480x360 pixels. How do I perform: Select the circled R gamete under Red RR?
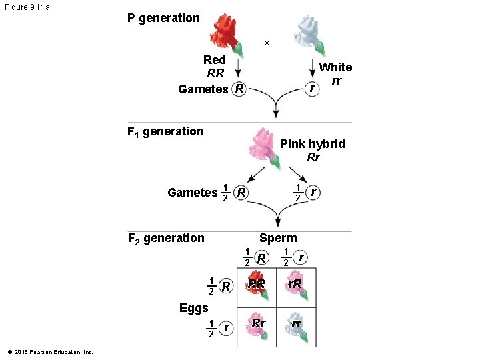point(239,89)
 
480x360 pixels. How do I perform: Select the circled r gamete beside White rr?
point(310,88)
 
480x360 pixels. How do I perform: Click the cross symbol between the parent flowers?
point(267,43)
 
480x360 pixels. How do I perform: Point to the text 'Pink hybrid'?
point(312,144)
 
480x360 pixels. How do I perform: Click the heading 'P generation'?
point(163,18)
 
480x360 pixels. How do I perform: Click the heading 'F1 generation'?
point(165,131)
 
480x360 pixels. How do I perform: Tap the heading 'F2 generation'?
point(166,238)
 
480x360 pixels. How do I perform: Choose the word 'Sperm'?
point(278,238)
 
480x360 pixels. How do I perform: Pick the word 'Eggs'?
point(194,308)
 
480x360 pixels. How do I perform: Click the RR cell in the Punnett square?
point(257,287)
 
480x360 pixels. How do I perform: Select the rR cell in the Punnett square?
point(296,287)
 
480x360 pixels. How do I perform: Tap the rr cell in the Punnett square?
point(296,325)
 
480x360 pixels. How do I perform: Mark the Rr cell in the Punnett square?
point(257,325)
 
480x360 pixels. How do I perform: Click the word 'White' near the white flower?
point(335,67)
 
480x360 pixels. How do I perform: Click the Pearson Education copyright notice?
point(51,352)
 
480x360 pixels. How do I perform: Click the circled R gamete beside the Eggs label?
point(227,287)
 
